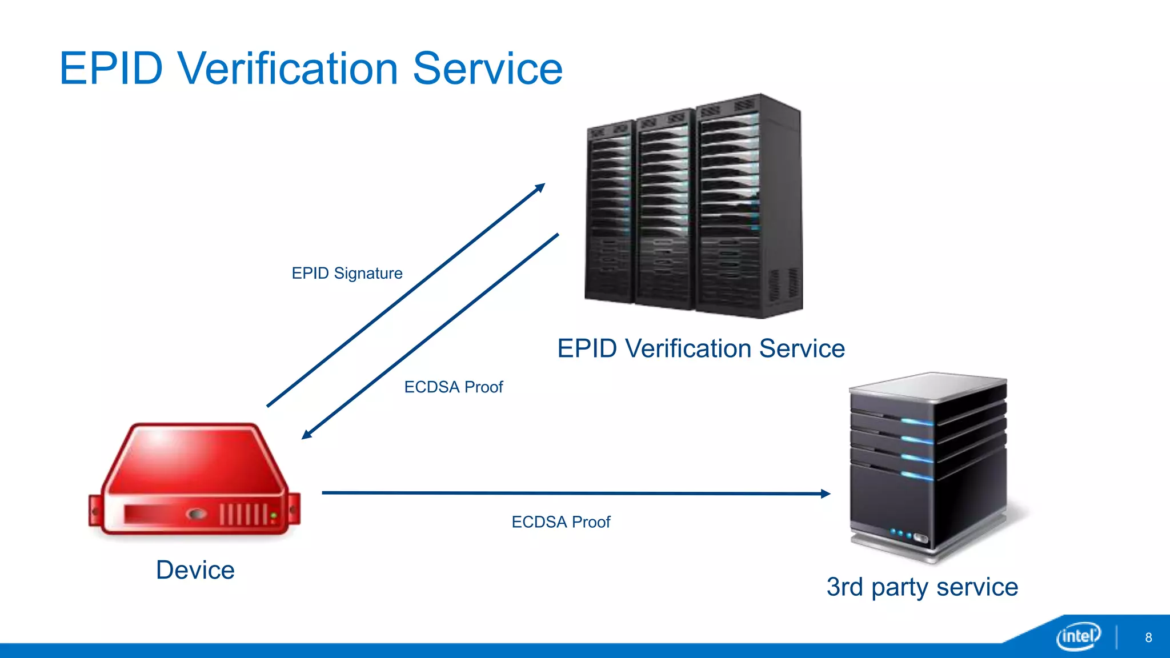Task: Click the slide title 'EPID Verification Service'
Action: point(311,69)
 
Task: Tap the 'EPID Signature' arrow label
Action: point(347,274)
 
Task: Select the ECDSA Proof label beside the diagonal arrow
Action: point(453,387)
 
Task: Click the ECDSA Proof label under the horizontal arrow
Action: point(560,522)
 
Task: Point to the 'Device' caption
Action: point(195,570)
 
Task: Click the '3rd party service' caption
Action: point(921,587)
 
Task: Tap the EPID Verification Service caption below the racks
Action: point(700,348)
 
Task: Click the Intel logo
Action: point(1078,636)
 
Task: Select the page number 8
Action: point(1148,637)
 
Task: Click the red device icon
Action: point(194,480)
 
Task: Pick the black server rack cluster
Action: point(694,206)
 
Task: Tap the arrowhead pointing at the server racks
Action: point(540,187)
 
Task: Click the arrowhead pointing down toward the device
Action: point(306,435)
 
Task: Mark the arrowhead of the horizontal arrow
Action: point(826,493)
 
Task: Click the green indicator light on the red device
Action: point(274,516)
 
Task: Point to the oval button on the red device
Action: point(197,514)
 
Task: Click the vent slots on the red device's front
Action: point(243,514)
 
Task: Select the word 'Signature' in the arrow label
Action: point(368,274)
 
